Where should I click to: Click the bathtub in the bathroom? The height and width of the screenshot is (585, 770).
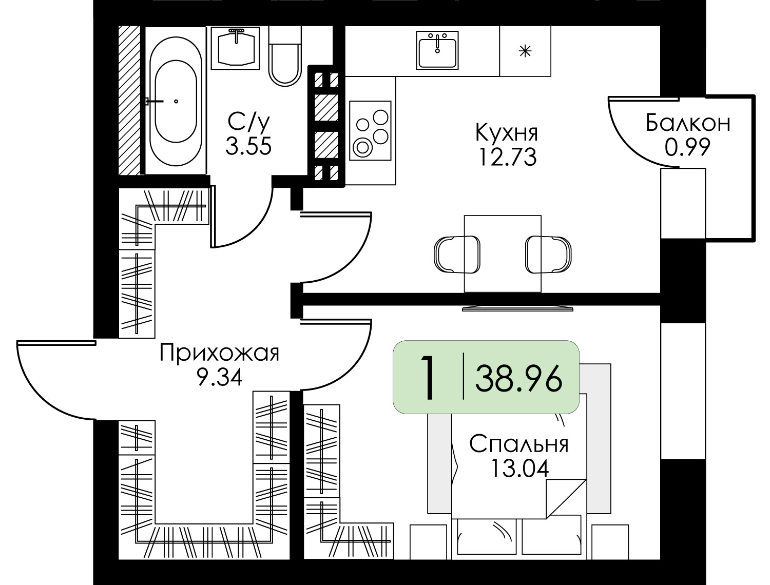(x=176, y=101)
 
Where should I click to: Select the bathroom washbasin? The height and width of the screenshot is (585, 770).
(x=237, y=48)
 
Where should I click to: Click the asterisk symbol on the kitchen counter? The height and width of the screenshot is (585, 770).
(x=525, y=51)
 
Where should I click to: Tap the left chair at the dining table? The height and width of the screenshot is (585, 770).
(x=456, y=254)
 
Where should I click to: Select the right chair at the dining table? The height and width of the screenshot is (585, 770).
(x=548, y=254)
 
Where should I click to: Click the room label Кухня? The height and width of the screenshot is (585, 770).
(x=507, y=133)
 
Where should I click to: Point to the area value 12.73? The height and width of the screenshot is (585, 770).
(x=507, y=157)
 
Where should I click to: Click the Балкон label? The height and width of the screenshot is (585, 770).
(x=687, y=124)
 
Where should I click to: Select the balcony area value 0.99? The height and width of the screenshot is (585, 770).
(x=687, y=148)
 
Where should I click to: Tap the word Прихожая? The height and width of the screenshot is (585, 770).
(x=219, y=353)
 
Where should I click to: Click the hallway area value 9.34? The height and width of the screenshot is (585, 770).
(x=219, y=378)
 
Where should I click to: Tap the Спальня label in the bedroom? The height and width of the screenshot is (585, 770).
(x=519, y=444)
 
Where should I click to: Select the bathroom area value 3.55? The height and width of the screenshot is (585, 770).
(x=248, y=147)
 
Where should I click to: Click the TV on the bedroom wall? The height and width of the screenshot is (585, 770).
(x=517, y=308)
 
